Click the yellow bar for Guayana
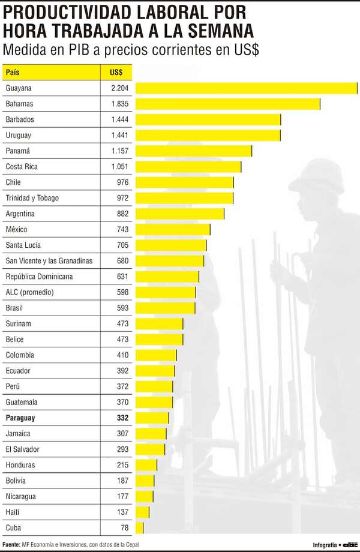[246, 88]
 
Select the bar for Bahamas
[227, 104]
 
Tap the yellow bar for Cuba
[139, 528]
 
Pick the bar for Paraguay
[152, 418]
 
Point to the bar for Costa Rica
[188, 167]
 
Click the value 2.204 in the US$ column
[119, 88]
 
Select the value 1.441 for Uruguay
[119, 136]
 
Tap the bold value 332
[122, 418]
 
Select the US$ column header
[116, 73]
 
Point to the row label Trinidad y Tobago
[32, 198]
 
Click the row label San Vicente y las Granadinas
[49, 261]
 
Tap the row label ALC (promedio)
[29, 292]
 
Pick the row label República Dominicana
[39, 277]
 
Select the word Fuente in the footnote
[11, 545]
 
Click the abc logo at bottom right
[350, 545]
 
